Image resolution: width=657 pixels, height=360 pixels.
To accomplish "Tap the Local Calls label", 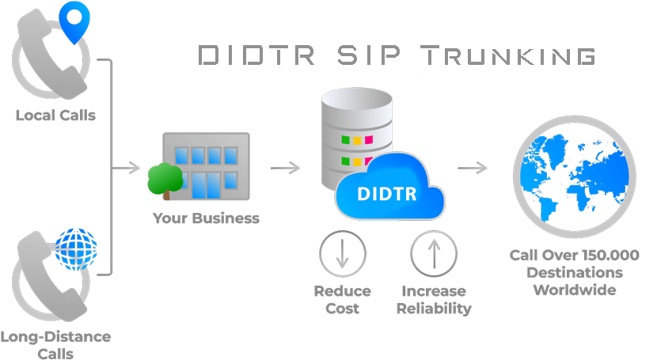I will coord(55,115).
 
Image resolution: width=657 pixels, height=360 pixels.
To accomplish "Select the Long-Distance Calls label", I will coord(55,344).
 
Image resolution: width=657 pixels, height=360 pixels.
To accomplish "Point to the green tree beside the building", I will coord(164,177).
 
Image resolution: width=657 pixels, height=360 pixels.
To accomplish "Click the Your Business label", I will coord(206,218).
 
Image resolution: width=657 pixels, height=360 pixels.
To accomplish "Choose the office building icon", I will coord(207,166).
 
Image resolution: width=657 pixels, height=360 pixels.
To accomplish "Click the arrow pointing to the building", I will coord(126,168).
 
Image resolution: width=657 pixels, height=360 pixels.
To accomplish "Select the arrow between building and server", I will coord(285,168).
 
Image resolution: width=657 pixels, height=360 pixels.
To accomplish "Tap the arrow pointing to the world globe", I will coord(473,168).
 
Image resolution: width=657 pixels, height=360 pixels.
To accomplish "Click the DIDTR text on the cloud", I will coord(386,193).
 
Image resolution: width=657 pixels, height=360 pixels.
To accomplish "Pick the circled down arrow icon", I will coord(342,254).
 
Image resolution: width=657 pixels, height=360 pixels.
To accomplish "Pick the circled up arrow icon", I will coord(434,254).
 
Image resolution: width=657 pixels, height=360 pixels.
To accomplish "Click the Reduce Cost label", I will coord(342,299).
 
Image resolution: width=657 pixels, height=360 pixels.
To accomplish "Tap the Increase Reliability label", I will coord(434,299).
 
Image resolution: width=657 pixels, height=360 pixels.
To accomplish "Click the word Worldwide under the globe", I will coord(574,290).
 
